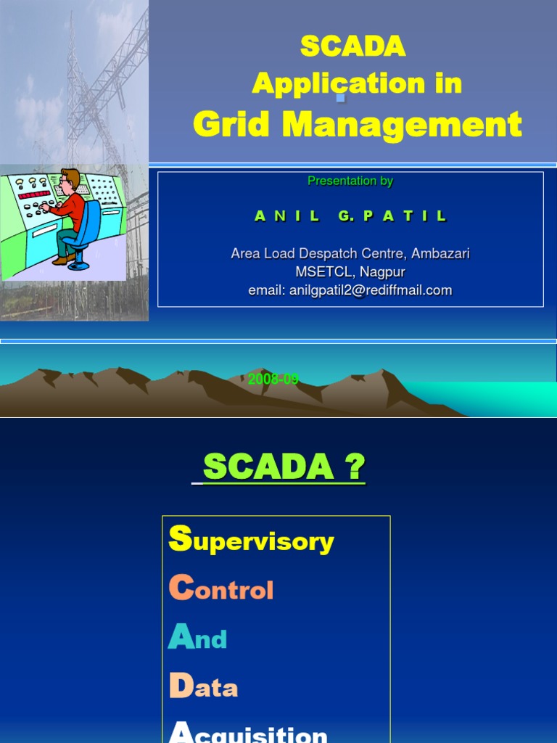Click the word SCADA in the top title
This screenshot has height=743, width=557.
click(x=352, y=46)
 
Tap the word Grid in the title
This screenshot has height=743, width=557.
click(x=232, y=124)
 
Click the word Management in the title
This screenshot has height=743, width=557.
click(x=402, y=124)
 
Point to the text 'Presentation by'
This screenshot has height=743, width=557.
click(x=350, y=181)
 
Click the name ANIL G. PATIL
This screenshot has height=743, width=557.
click(x=351, y=216)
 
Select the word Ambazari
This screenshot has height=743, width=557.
click(x=440, y=253)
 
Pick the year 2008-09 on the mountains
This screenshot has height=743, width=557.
click(x=273, y=379)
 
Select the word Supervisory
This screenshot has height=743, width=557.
click(x=251, y=541)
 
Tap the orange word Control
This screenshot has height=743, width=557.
click(x=221, y=589)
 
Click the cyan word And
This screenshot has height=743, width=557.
click(x=197, y=638)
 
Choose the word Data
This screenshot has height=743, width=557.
click(x=203, y=686)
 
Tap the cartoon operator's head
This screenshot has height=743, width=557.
click(x=70, y=181)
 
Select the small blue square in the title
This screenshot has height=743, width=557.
click(x=340, y=97)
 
